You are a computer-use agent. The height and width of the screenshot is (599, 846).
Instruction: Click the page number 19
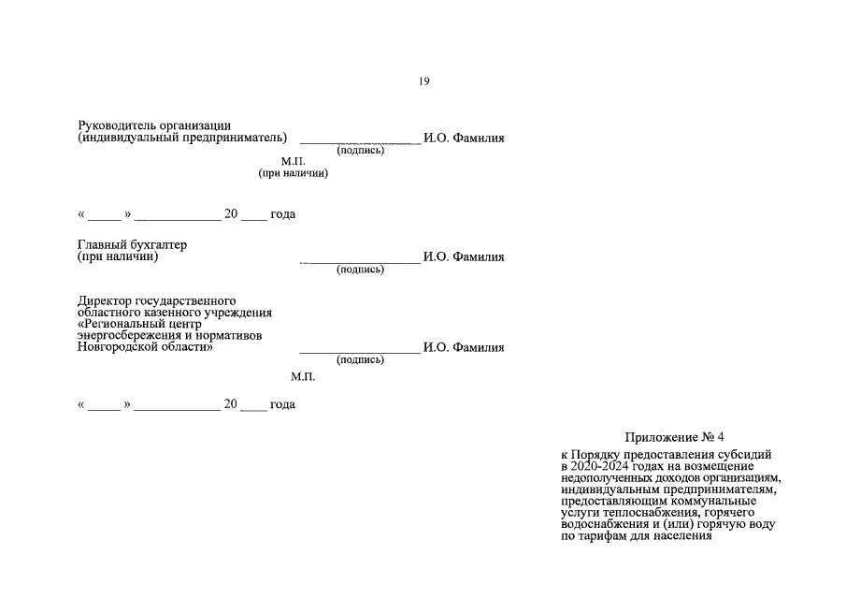click(x=423, y=81)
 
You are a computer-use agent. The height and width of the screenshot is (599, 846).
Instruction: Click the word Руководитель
click(x=114, y=125)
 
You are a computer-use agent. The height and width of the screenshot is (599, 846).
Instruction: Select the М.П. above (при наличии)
click(x=294, y=161)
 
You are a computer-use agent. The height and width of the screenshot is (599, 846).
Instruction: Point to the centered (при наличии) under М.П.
click(x=294, y=173)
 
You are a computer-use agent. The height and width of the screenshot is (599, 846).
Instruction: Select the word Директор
click(x=108, y=300)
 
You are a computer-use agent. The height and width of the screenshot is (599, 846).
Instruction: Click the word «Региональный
click(x=122, y=324)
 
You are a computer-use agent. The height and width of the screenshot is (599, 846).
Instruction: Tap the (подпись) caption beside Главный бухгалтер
click(x=360, y=270)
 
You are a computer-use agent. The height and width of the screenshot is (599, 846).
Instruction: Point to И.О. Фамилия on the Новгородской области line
click(x=464, y=347)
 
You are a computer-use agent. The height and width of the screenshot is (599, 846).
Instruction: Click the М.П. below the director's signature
click(x=303, y=376)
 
